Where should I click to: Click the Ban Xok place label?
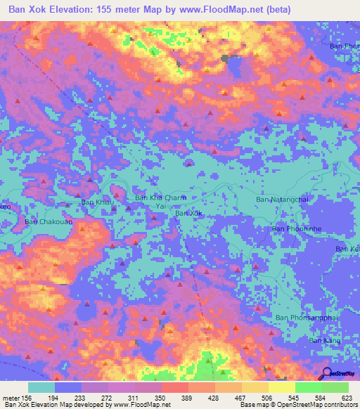pyautogui.click(x=189, y=213)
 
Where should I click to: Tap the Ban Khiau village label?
pyautogui.click(x=97, y=202)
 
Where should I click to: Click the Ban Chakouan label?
pyautogui.click(x=49, y=222)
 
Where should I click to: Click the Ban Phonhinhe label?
pyautogui.click(x=297, y=229)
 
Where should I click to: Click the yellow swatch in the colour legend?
pyautogui.click(x=282, y=387)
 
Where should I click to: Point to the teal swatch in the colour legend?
pyautogui.click(x=41, y=387)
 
